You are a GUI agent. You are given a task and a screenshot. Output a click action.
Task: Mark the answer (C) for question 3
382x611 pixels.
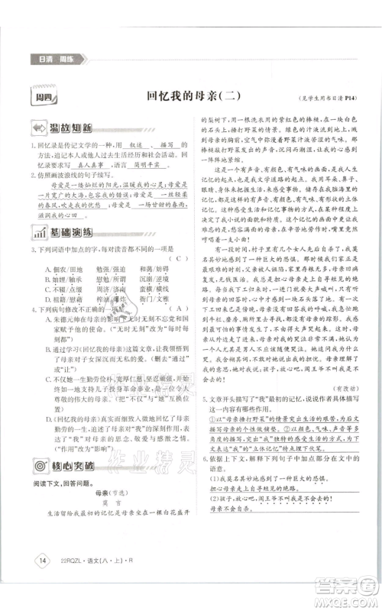pyautogui.click(x=178, y=258)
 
